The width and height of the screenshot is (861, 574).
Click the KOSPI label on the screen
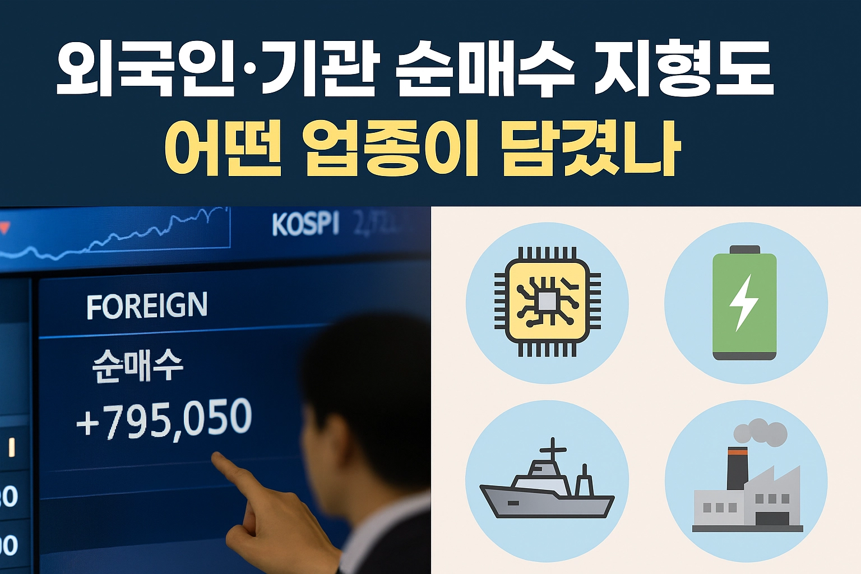tap(305, 224)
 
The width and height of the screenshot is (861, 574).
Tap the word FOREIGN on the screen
tap(147, 306)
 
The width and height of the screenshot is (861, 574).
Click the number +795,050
tap(164, 419)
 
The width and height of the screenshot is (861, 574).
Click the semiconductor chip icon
tap(547, 302)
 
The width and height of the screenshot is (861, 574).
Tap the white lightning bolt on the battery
tap(743, 302)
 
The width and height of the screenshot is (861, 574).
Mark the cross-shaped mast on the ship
tap(553, 448)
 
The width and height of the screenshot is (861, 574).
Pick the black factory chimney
tap(737, 469)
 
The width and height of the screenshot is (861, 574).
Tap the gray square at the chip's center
tap(547, 302)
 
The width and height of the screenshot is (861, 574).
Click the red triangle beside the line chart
tap(4, 228)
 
